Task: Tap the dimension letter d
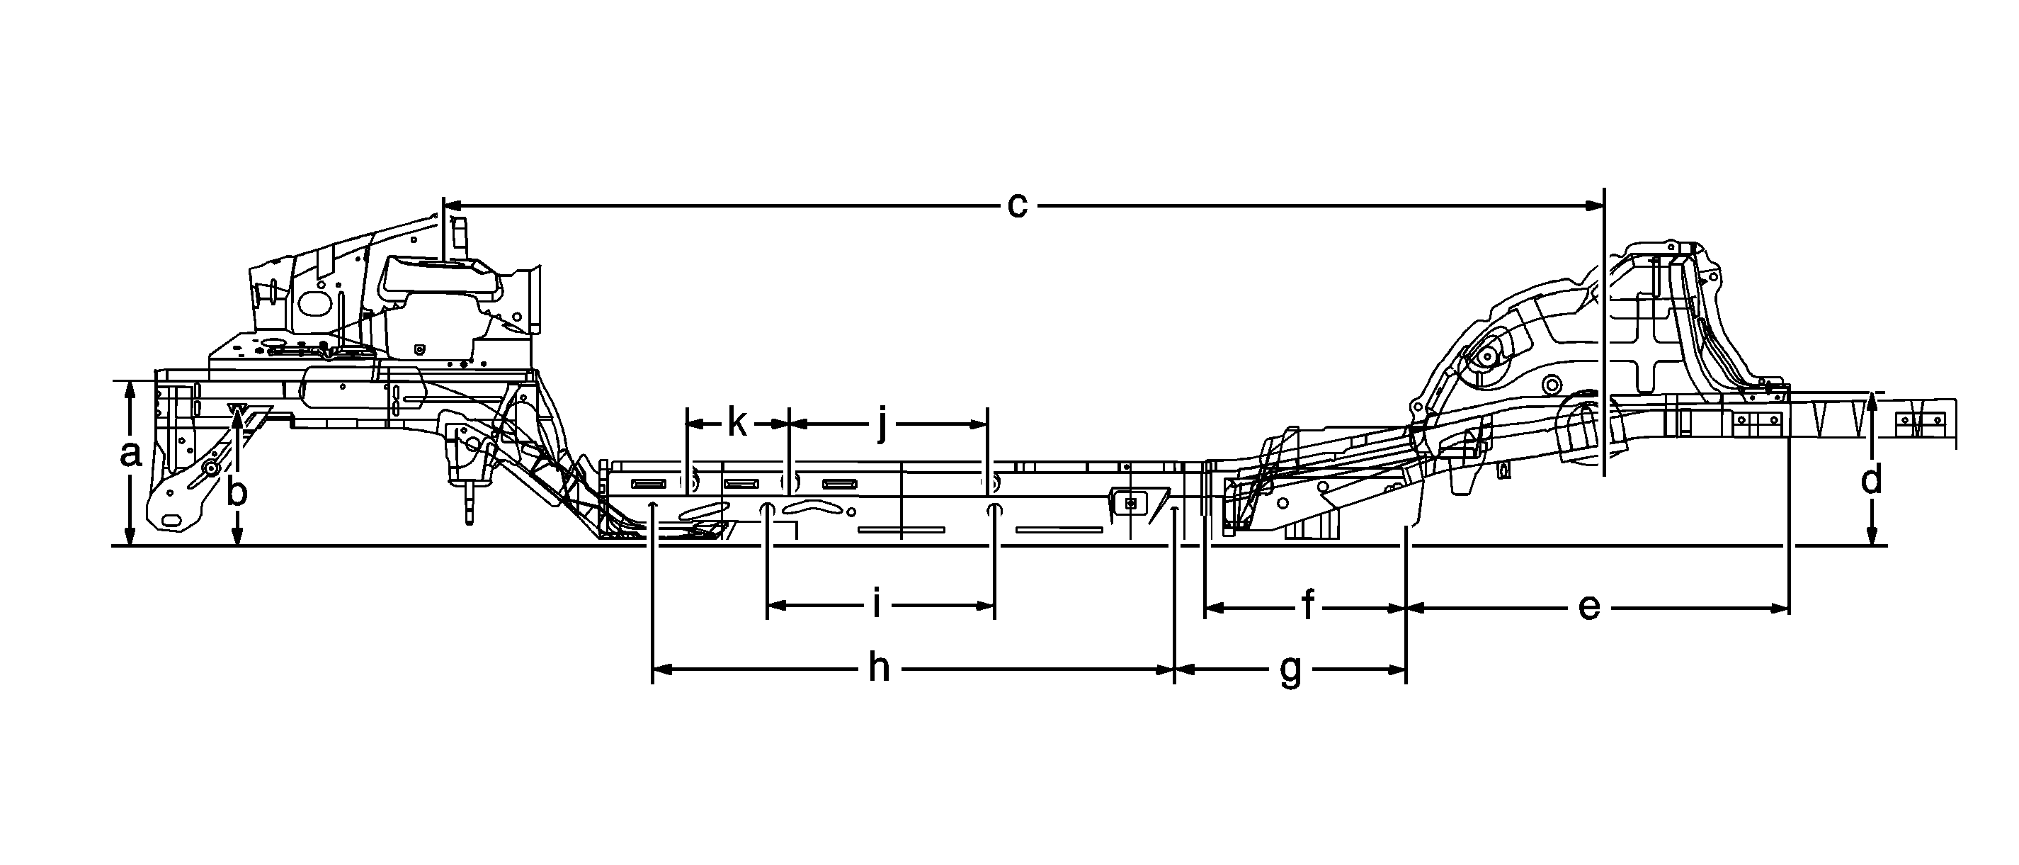pos(1871,479)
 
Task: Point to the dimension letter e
pos(1588,607)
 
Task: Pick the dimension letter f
pos(1307,604)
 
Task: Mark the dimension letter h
pos(879,667)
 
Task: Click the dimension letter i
pos(877,604)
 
